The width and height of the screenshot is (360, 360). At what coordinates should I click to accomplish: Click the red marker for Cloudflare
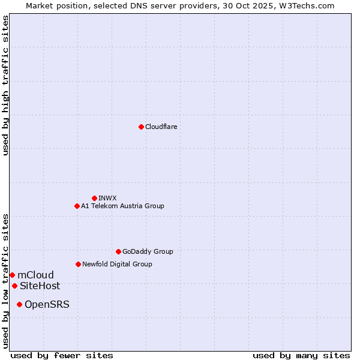141,127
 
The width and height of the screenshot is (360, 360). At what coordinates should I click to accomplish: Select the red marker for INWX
94,198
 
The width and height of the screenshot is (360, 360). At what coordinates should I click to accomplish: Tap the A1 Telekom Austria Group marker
77,206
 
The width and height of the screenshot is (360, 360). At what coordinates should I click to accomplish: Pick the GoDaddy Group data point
118,251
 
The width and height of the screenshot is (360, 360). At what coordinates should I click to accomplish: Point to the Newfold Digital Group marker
78,264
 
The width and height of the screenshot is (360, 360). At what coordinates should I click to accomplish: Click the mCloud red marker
12,275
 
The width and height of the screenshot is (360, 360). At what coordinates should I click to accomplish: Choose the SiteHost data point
14,286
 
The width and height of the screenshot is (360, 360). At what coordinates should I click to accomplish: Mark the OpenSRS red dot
19,304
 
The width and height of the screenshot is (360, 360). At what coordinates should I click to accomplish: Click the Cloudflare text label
161,127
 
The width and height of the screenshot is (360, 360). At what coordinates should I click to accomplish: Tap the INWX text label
107,198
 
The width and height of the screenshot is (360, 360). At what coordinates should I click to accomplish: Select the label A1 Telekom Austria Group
122,206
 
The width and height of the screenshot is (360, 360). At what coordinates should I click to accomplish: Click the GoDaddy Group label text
148,251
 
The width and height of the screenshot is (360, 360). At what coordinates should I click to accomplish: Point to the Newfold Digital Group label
117,264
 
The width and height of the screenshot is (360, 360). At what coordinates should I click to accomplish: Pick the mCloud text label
35,275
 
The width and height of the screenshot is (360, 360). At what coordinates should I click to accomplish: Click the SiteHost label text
40,286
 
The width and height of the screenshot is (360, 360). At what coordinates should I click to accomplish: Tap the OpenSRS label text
47,304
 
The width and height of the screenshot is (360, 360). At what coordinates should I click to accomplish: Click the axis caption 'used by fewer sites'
62,355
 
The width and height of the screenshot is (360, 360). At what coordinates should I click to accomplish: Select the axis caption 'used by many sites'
301,355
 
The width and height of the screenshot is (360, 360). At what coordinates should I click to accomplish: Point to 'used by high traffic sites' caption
5,85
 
